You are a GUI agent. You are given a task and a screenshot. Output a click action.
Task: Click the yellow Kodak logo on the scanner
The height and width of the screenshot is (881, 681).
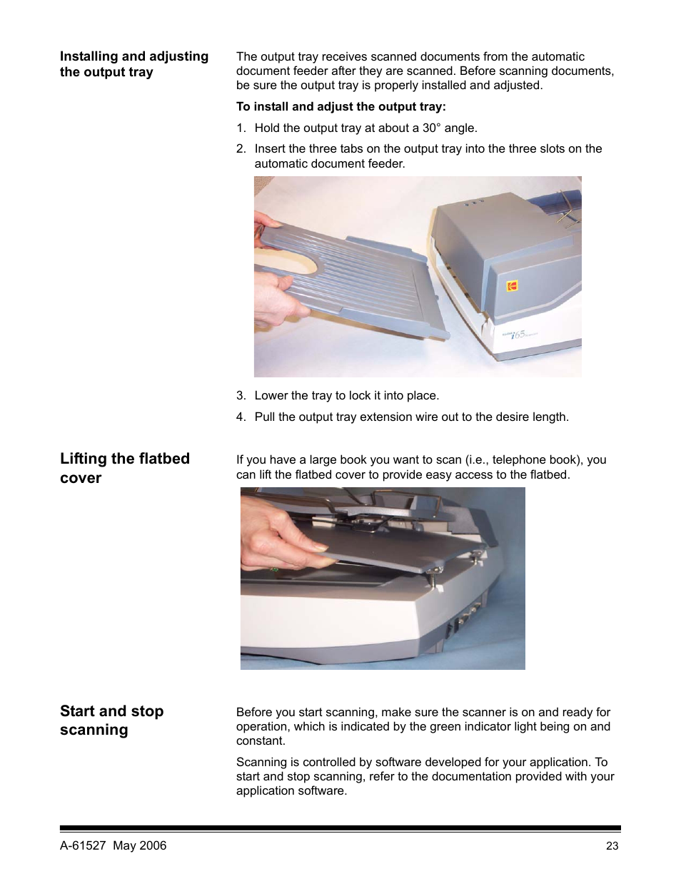point(513,285)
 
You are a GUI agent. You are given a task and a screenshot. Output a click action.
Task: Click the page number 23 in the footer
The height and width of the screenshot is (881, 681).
point(612,846)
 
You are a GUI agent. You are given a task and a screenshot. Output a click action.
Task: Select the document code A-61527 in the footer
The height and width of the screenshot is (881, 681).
point(83,845)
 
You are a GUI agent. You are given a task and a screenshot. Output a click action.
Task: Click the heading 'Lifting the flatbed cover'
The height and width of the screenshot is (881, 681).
point(125,468)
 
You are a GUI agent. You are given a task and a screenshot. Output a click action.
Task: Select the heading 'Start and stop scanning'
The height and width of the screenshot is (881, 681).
point(112,720)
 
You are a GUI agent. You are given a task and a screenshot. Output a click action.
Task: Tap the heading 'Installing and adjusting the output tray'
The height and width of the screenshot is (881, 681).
point(134,63)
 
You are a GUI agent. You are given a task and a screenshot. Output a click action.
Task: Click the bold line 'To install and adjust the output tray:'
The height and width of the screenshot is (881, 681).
point(341,106)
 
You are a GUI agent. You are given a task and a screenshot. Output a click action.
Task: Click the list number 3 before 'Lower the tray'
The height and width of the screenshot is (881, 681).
point(241,395)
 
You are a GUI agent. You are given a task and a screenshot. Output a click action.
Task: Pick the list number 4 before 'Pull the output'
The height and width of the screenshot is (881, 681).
point(241,417)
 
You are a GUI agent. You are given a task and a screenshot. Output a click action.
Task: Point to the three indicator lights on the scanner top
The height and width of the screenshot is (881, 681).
point(473,202)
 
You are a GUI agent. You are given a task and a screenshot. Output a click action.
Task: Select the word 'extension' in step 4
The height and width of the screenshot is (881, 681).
point(385,417)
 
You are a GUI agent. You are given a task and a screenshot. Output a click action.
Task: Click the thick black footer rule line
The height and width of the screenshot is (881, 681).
point(340,828)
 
